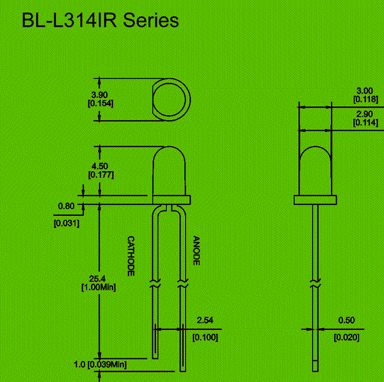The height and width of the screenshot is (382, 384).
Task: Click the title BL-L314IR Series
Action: (x=100, y=21)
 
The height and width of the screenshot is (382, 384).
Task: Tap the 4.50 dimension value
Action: (x=100, y=165)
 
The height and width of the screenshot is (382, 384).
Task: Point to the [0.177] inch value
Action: (x=100, y=174)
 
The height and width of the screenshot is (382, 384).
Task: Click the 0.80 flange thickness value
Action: (x=66, y=206)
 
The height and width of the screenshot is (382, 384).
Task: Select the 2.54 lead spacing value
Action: (x=205, y=320)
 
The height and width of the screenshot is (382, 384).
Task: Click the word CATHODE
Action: (x=131, y=256)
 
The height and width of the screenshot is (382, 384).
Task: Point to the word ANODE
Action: (x=196, y=251)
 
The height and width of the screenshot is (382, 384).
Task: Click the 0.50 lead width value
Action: (x=346, y=320)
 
